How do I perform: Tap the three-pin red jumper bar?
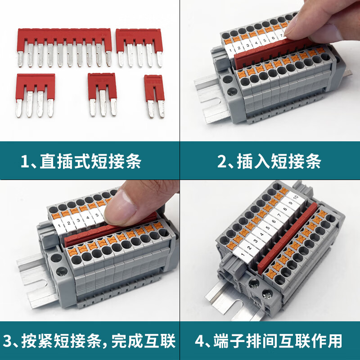coord(102,81)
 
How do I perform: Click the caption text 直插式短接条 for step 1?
coord(90,161)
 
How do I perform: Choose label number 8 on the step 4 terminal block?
coord(285,210)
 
